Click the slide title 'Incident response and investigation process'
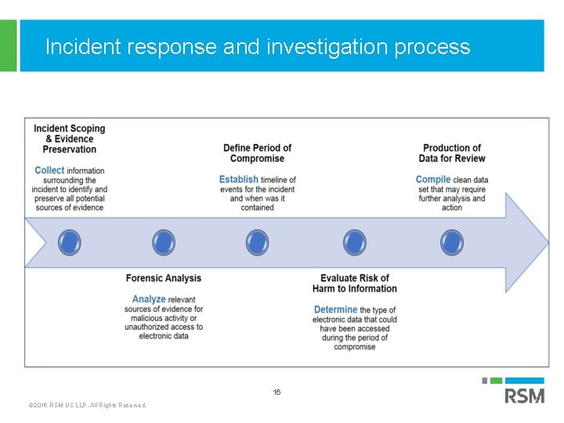point(258,47)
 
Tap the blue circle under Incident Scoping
point(70,242)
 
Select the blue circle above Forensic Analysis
point(164,242)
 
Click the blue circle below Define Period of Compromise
point(257,242)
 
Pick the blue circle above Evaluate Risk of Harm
point(355,242)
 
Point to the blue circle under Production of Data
point(452,242)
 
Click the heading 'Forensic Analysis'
point(164,278)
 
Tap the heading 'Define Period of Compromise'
point(257,153)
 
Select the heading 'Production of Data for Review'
point(452,153)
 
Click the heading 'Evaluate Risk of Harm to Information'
point(355,283)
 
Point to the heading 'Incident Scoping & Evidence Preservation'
point(70,139)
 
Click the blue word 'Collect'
point(49,170)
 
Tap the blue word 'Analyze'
point(149,299)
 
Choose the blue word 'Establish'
point(238,179)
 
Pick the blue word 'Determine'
point(336,310)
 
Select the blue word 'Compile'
point(433,179)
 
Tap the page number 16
point(277,392)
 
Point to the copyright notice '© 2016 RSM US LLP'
point(87,405)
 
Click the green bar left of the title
point(8,45)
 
